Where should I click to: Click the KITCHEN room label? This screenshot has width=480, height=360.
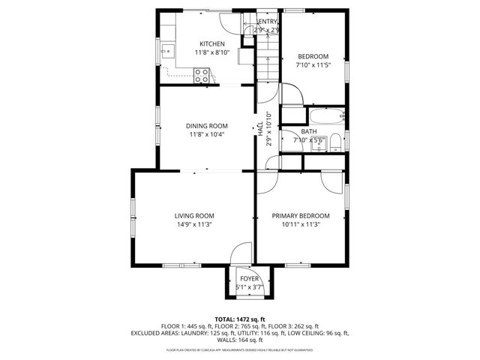211,43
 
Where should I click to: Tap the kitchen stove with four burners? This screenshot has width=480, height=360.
202,74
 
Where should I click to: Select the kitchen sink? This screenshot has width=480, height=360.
166,52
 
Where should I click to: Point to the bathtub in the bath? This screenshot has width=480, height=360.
327,116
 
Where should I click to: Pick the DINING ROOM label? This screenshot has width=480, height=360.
206,126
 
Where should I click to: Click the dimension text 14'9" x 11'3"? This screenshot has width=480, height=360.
194,224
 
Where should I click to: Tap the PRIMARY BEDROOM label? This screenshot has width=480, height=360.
300,216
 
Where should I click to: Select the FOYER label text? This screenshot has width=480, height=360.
249,278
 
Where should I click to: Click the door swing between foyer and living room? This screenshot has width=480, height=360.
242,254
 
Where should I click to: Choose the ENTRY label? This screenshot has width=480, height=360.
268,22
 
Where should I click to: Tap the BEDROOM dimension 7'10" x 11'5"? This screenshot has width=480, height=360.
313,65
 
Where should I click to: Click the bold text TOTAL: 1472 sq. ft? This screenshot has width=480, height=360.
240,319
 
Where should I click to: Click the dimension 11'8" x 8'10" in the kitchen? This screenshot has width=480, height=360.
211,52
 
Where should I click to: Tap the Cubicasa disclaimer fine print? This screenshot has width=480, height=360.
240,349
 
